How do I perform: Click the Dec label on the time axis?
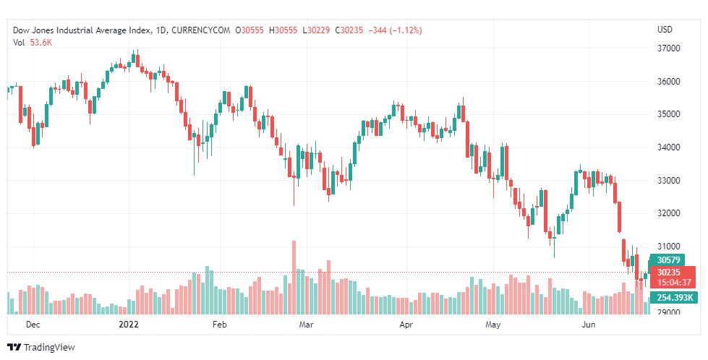[x=33, y=325]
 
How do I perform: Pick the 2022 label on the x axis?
[x=128, y=325]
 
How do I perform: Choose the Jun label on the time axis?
[x=589, y=325]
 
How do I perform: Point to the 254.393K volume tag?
[x=675, y=298]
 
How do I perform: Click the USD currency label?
[x=665, y=30]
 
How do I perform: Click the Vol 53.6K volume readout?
[x=32, y=43]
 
